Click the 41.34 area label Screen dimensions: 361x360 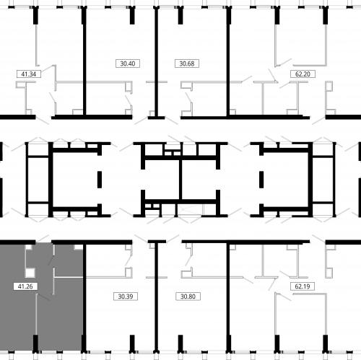29,74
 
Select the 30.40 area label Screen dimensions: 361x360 128,63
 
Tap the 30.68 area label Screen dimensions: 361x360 187,63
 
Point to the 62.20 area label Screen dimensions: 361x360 303,74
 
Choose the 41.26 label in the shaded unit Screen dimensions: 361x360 25,286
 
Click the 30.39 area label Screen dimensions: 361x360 126,297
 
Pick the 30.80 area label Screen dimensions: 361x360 188,297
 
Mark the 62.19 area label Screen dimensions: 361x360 303,286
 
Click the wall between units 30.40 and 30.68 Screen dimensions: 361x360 157,63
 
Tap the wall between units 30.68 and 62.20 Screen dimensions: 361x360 228,63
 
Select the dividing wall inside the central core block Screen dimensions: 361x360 180,180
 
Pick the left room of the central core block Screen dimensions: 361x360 162,180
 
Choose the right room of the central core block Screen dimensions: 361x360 199,180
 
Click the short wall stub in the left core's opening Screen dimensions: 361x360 100,180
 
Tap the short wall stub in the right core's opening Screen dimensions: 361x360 261,180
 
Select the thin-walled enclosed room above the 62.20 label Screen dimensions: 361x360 301,45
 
